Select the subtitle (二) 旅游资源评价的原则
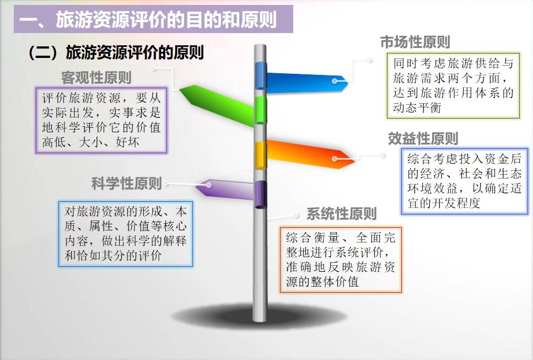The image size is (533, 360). coord(116,52)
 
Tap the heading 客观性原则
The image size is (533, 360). coord(96,77)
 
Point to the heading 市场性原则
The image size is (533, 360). coord(415,42)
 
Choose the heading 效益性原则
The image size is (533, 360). coord(423,139)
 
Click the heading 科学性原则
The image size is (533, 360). coord(127,184)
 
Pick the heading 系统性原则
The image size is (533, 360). coord(341,214)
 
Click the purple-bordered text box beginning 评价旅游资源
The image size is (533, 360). coord(101,120)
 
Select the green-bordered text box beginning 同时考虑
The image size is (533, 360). coord(453,85)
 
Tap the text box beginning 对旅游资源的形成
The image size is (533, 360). coord(126,233)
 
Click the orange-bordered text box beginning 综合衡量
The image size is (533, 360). coord(341,259)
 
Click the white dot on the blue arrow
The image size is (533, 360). coord(335,80)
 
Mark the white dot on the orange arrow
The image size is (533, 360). coord(335,159)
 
